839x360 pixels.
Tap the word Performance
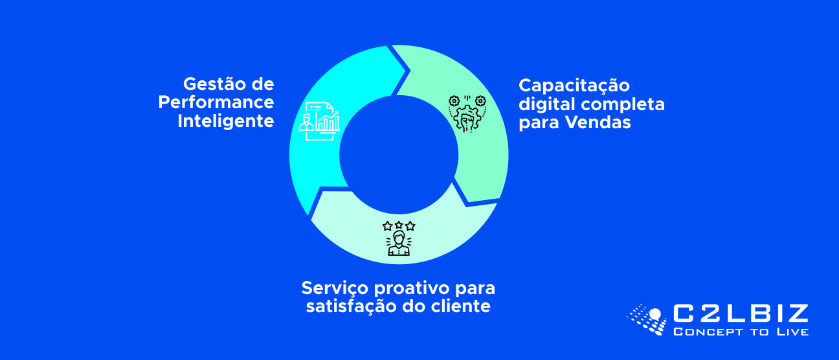216,102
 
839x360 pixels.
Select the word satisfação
352,307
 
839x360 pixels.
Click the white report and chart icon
320,121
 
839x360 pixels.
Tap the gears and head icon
467,113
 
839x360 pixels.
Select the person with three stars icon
399,238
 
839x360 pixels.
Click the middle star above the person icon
399,225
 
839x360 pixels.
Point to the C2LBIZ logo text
741,313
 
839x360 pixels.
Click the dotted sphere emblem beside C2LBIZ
647,319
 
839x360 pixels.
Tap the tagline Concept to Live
741,332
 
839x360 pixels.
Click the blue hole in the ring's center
399,155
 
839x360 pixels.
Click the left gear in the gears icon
454,101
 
